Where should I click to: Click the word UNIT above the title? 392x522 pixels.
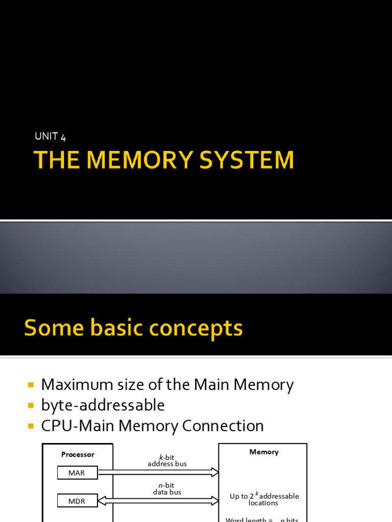coord(46,136)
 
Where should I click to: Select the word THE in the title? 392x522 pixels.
coord(55,160)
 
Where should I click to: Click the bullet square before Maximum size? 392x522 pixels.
coord(31,384)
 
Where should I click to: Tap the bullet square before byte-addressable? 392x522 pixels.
coord(31,405)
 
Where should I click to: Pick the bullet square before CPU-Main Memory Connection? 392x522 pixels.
coord(31,426)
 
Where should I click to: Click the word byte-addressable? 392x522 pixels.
coord(103,405)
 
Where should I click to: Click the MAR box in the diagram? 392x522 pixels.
coord(77,473)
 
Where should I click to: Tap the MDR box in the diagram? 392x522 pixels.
coord(77,501)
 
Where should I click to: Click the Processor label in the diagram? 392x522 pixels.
coord(78,454)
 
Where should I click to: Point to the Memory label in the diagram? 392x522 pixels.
coord(264,452)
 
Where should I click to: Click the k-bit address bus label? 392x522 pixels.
coord(167,461)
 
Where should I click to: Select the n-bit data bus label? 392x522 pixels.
coord(167,489)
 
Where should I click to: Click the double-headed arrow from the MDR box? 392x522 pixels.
coord(158,501)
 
